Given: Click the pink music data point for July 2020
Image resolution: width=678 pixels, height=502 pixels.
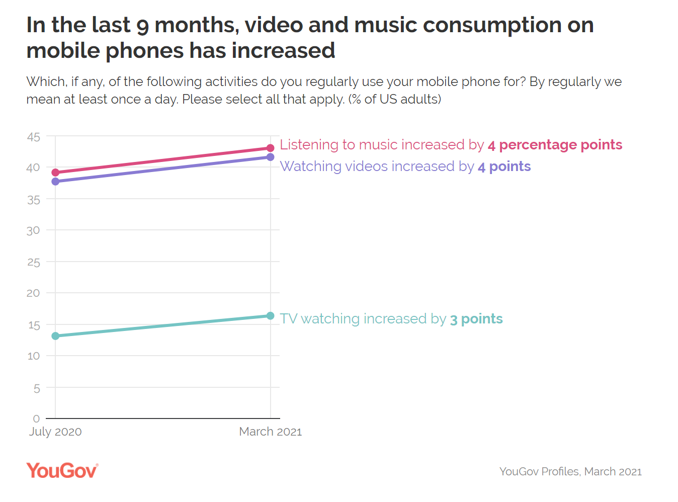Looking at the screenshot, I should tap(55, 173).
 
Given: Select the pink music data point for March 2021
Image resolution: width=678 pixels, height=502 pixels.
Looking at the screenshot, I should tap(270, 148).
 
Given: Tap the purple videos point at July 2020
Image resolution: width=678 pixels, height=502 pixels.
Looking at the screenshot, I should tap(55, 181).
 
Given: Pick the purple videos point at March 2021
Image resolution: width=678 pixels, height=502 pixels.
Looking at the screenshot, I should tap(270, 157).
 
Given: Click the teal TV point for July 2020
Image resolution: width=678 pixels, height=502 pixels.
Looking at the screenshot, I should tap(55, 336).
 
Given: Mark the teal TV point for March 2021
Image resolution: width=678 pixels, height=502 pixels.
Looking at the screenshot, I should tap(270, 316).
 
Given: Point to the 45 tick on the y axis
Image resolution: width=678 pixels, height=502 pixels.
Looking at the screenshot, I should tap(33, 137).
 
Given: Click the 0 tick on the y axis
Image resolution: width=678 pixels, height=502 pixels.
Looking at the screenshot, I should tap(36, 419).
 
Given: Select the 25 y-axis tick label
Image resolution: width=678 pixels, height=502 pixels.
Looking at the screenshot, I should tap(33, 262).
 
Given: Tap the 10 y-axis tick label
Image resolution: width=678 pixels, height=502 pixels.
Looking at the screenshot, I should tap(33, 356).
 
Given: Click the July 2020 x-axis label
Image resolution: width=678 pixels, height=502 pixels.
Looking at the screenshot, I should tap(55, 432).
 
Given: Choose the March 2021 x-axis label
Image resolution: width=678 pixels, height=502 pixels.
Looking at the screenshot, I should tap(270, 432).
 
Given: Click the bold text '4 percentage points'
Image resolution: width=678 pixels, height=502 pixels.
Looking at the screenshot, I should tap(555, 145).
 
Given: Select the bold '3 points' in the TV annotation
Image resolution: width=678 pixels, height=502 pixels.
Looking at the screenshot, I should tap(476, 319).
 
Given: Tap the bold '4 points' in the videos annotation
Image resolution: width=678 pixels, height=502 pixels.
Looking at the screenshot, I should tap(504, 166).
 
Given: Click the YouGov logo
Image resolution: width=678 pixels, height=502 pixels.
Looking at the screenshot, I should tap(62, 470).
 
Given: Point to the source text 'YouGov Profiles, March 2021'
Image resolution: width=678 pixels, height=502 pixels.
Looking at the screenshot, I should tap(570, 471).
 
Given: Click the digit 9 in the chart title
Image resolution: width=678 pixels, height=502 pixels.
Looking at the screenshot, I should tap(142, 25).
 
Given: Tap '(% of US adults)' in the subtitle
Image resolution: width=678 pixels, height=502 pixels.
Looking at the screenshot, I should tap(395, 99).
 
